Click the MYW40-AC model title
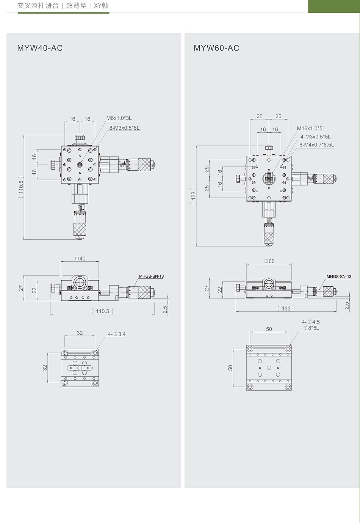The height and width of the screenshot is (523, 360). [x=40, y=48]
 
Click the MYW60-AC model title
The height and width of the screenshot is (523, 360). [x=216, y=48]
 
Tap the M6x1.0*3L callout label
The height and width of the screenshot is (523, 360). [x=119, y=118]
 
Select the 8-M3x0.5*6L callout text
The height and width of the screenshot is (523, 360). [x=124, y=128]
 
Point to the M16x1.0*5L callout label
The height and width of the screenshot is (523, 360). [x=311, y=129]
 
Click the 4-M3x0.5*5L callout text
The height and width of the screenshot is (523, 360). [x=315, y=137]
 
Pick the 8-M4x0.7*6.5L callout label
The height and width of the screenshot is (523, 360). [x=316, y=145]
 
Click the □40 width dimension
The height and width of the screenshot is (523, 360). [x=80, y=258]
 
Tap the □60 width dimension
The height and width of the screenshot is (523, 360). [x=269, y=261]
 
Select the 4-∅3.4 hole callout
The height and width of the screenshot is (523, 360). [x=116, y=334]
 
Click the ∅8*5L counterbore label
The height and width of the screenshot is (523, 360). [x=311, y=328]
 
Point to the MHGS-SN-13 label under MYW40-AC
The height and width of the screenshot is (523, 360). [x=152, y=276]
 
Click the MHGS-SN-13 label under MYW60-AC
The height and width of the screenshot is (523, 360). [x=339, y=277]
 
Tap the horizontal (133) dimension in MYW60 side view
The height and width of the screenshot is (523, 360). [x=286, y=308]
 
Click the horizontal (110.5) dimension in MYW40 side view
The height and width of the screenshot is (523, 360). [x=102, y=311]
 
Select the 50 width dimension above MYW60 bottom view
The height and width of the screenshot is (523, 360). [x=269, y=329]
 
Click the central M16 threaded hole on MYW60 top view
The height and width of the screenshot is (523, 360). [x=269, y=179]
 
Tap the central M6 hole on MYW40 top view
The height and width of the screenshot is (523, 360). [x=80, y=165]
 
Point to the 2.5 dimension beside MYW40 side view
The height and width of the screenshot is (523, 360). [x=165, y=309]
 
